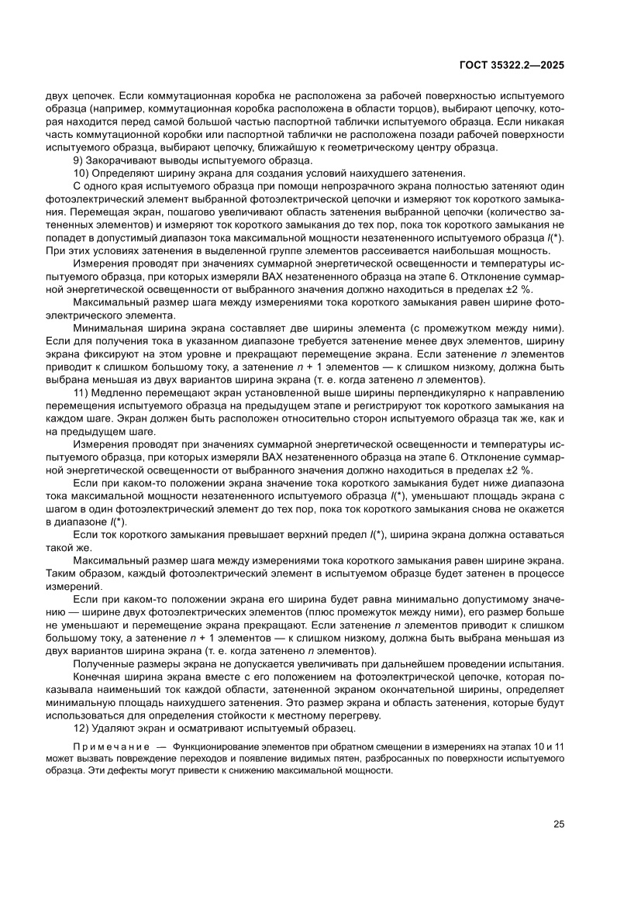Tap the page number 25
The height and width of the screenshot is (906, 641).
[558, 824]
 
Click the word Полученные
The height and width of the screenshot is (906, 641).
[105, 664]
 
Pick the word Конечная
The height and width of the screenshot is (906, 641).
[99, 677]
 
